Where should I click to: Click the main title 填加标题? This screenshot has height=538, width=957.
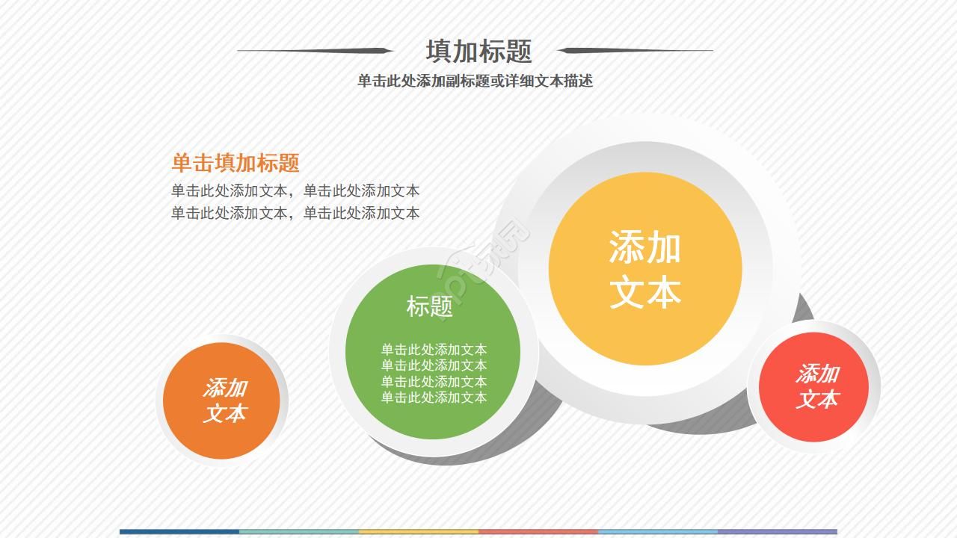pos(478,52)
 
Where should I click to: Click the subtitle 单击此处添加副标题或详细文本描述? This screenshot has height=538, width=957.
pos(475,81)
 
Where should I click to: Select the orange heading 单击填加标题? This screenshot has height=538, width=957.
pos(236,163)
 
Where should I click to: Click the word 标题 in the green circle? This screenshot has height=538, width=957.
pos(430,306)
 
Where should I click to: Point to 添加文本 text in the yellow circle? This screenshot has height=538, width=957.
pos(644,269)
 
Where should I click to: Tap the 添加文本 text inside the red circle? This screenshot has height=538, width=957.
pos(816,386)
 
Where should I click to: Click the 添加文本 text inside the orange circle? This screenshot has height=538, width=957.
pos(224,401)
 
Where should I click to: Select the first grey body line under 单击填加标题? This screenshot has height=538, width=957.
pos(295,191)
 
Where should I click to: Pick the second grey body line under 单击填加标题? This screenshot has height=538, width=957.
pos(295,213)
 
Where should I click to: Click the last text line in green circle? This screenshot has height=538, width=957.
pos(434,398)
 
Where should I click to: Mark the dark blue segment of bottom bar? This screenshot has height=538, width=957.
pos(179,532)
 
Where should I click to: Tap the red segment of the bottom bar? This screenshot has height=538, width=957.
pos(538,532)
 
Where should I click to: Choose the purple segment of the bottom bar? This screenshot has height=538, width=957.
pos(778,532)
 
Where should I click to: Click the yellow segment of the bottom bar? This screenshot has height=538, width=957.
pos(419,532)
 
